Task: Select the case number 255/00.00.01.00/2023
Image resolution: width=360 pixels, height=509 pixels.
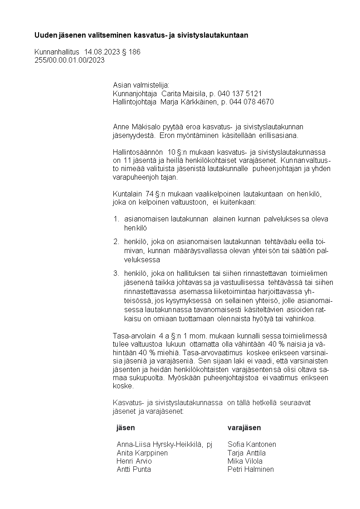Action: coord(69,60)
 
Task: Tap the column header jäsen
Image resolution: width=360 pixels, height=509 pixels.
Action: coord(126,428)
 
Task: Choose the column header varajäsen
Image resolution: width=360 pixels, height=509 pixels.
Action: coord(244,428)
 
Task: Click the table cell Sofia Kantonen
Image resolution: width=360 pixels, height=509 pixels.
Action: coord(252,445)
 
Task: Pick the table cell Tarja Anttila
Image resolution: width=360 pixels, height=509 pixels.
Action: coord(246,453)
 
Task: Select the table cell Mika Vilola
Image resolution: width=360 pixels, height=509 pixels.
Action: coord(245,461)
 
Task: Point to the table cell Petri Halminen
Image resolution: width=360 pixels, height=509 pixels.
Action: coord(250,470)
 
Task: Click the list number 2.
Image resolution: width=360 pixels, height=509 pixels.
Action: coord(116,241)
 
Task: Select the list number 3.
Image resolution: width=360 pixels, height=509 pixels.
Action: coord(116,273)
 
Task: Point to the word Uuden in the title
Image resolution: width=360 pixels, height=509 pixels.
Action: coord(44,35)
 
